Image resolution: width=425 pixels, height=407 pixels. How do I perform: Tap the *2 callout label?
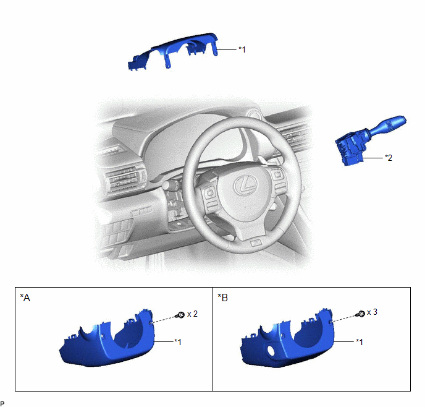[x=389, y=158]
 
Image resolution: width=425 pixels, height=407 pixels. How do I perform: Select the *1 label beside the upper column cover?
[x=242, y=49]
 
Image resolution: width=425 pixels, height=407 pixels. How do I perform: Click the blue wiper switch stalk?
[x=370, y=140]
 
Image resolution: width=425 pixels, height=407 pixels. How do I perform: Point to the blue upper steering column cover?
[x=174, y=51]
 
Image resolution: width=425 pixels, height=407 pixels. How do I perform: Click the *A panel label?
[x=25, y=298]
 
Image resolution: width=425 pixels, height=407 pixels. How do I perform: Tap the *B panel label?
[x=222, y=298]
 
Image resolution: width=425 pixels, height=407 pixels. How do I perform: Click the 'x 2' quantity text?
[x=193, y=314]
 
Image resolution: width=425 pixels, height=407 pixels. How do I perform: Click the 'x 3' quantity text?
[x=372, y=312]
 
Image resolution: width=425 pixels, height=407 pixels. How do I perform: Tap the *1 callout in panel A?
[x=178, y=341]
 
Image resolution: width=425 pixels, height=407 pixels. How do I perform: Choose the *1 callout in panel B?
[x=360, y=341]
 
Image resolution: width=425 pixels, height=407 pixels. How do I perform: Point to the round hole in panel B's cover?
[x=271, y=350]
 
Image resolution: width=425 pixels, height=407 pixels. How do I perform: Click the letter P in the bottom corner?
[x=2, y=404]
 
